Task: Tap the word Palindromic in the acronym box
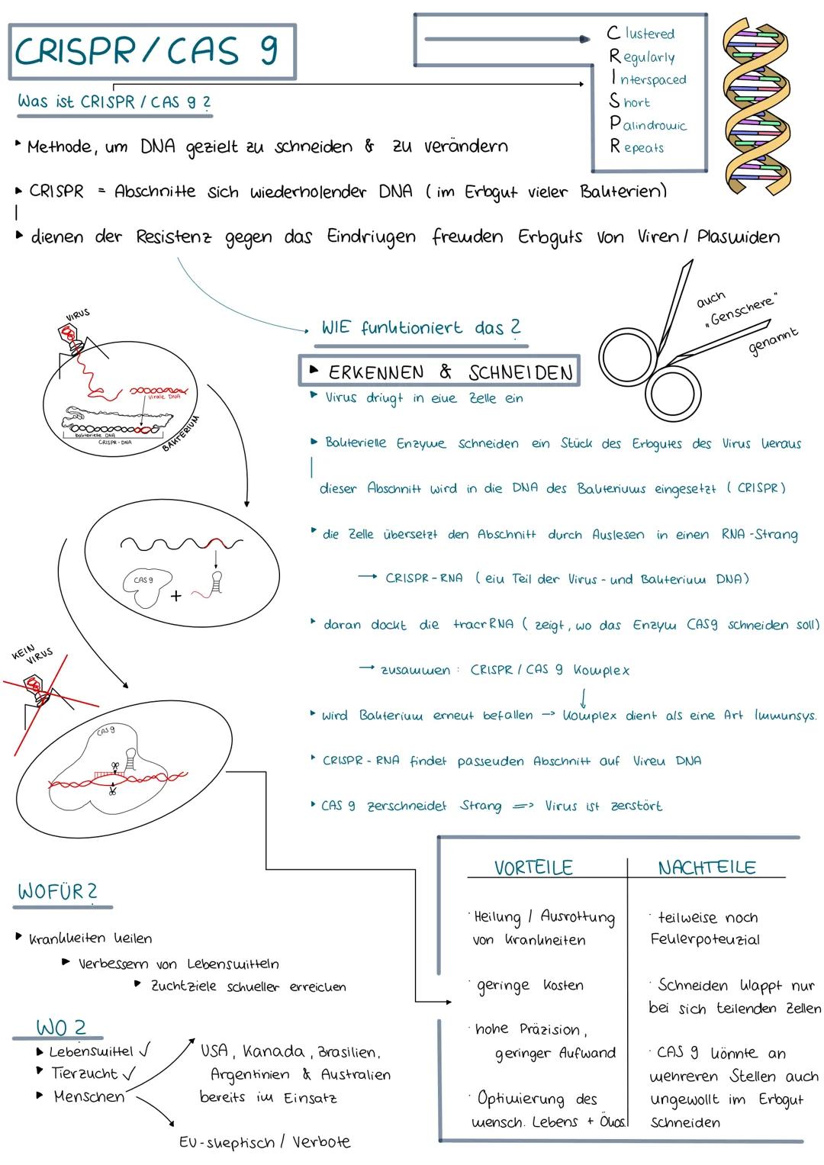pos(649,124)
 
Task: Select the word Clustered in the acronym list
pos(642,34)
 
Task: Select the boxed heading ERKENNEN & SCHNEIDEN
pos(440,372)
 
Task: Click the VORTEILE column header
pos(533,867)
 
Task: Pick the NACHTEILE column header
pos(707,867)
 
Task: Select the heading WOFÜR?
pos(58,891)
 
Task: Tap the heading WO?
pos(60,1027)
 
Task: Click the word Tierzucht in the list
pos(85,1073)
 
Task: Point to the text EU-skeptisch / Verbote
pos(265,1142)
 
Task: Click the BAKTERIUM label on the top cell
pos(182,433)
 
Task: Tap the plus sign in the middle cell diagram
pos(176,597)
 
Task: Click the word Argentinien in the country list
pos(250,1074)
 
